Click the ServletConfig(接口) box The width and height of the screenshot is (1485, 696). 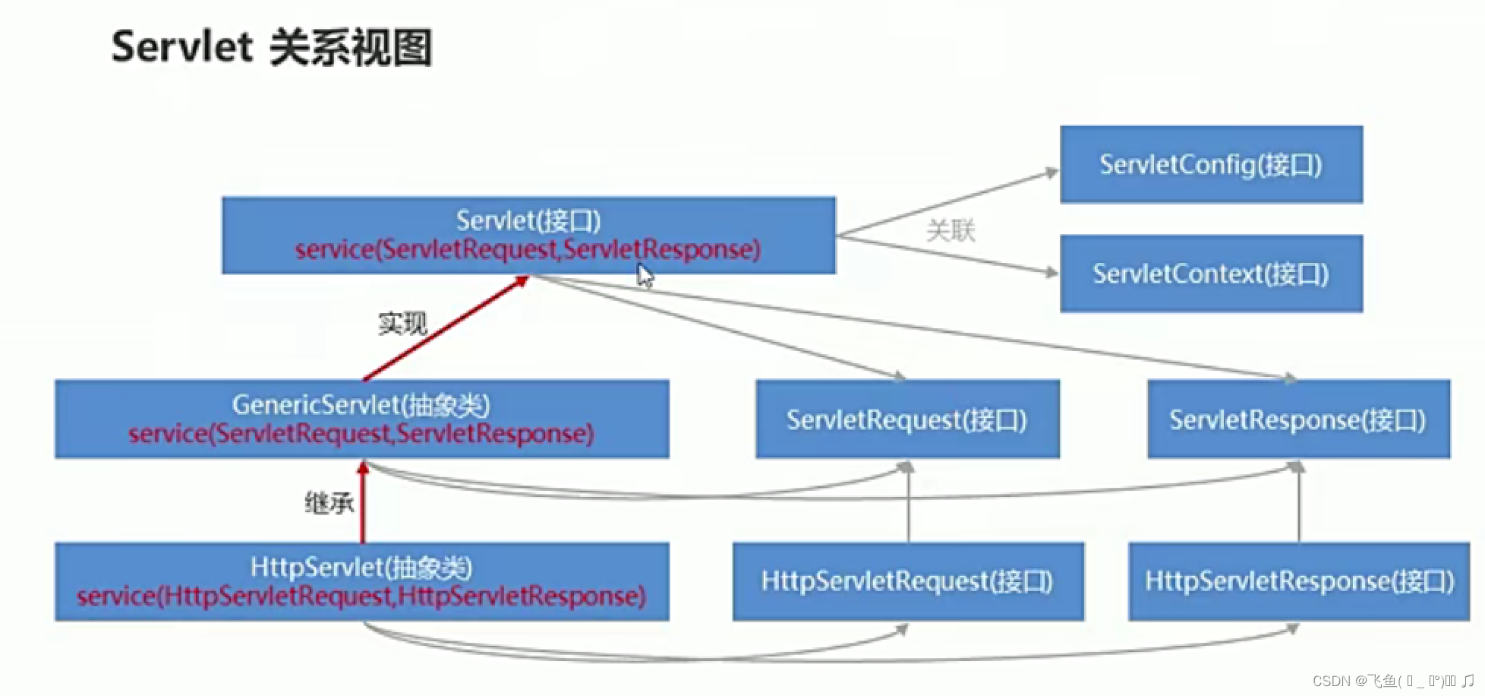click(1211, 164)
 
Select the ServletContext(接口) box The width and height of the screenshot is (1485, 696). click(1211, 274)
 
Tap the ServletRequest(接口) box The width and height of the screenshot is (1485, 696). click(907, 419)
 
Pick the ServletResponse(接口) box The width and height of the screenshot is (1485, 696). click(1298, 419)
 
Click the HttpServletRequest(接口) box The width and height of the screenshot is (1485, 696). click(908, 581)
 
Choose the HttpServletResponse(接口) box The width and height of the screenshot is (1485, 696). click(1299, 581)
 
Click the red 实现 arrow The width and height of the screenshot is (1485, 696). click(446, 328)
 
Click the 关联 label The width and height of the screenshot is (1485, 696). click(951, 229)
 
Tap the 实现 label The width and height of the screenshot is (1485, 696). click(402, 324)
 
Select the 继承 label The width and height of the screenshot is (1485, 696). click(329, 503)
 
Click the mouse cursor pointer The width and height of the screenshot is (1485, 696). click(645, 275)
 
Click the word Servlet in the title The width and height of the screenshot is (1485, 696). click(181, 47)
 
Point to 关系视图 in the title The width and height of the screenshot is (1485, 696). click(351, 47)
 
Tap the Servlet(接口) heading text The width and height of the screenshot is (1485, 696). click(528, 220)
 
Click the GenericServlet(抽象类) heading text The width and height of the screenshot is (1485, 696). click(361, 404)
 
